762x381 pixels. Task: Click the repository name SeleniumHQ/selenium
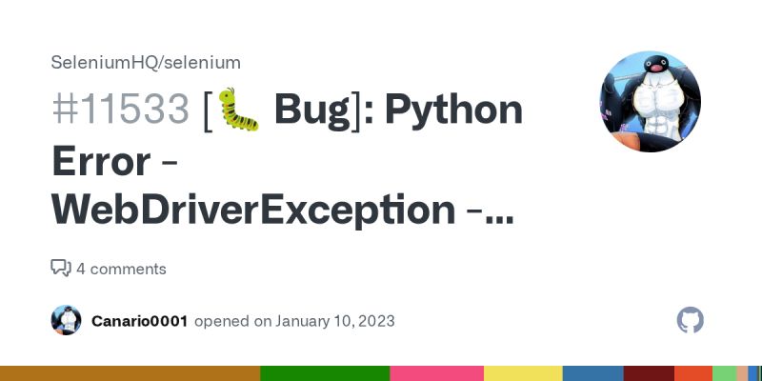[x=146, y=62]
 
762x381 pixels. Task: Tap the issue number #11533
[x=121, y=111]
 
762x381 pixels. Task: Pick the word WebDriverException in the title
[x=253, y=211]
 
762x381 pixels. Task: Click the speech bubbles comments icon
[x=61, y=269]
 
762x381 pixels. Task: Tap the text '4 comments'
[x=121, y=269]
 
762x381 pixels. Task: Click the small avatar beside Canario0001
[x=66, y=320]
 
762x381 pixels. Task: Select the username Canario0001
[x=140, y=321]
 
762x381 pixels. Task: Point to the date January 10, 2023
[x=335, y=321]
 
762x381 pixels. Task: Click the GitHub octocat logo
[x=691, y=320]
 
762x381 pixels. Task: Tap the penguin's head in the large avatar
[x=655, y=68]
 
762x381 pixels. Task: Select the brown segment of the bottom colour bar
[x=130, y=373]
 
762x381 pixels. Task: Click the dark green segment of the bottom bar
[x=325, y=373]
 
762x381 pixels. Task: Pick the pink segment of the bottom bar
[x=437, y=373]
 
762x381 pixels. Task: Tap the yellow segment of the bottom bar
[x=524, y=373]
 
